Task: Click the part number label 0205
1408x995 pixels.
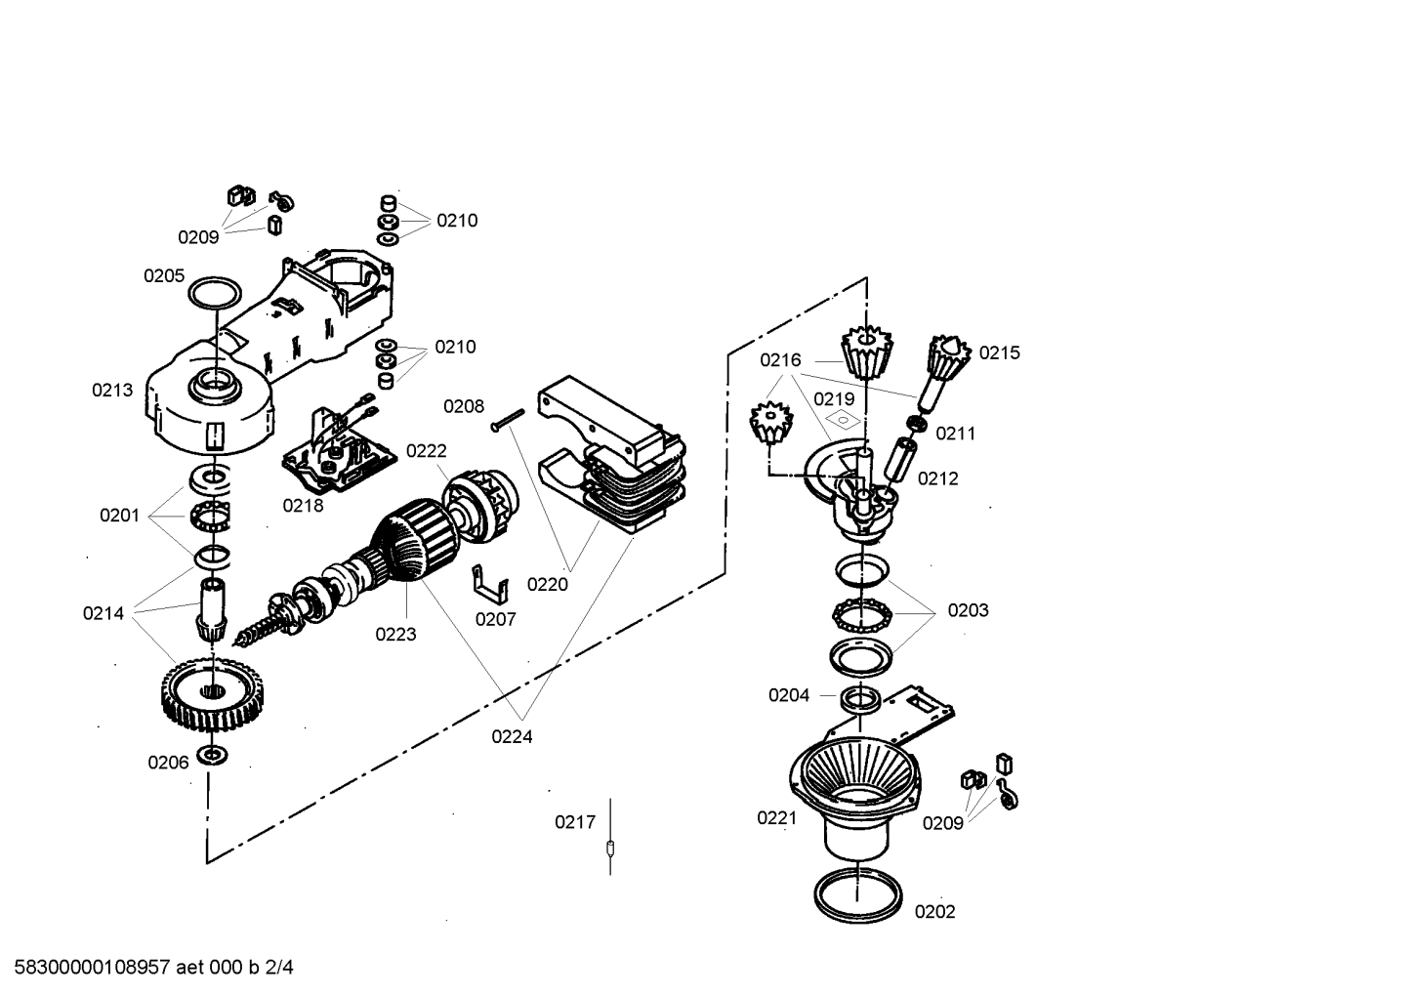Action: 164,276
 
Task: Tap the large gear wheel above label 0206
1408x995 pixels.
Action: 213,694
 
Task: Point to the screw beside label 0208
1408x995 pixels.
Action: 508,421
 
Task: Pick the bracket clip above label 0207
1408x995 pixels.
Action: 490,585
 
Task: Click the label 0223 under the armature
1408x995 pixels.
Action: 395,635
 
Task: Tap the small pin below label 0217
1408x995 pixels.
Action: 609,849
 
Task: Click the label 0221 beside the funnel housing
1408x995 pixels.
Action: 777,818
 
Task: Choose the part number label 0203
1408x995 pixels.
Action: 968,610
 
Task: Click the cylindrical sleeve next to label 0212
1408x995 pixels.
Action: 900,461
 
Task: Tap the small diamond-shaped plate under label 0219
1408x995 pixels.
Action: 843,418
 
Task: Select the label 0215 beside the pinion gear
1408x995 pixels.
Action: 1000,353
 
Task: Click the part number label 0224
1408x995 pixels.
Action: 512,736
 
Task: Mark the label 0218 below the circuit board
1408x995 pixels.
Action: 303,506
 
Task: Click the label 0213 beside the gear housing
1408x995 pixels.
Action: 112,391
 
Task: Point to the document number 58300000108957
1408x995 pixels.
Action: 92,968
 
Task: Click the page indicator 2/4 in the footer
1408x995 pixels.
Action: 279,968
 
